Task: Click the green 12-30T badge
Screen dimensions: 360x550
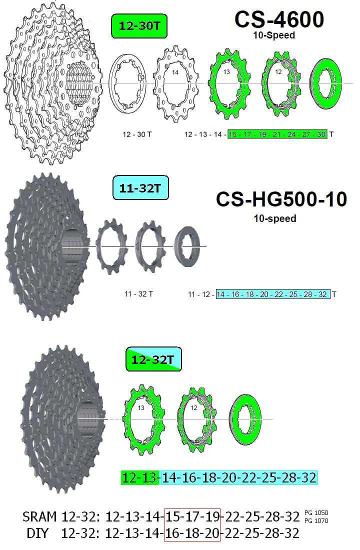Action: click(x=139, y=25)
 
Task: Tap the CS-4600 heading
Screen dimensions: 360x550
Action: click(x=279, y=19)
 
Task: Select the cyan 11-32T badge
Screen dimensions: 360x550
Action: click(x=140, y=188)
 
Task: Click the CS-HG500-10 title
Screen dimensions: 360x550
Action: click(x=281, y=199)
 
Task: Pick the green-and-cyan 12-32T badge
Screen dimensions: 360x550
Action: click(x=153, y=359)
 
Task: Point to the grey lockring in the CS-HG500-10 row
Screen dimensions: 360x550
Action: click(x=187, y=246)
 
